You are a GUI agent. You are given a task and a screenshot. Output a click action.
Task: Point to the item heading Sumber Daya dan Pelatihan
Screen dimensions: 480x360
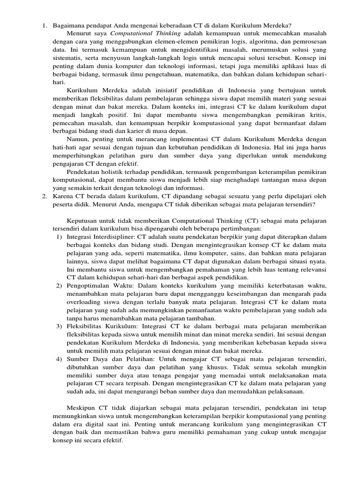[x=109, y=360]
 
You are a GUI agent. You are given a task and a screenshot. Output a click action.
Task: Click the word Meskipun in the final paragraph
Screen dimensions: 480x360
[x=82, y=408]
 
